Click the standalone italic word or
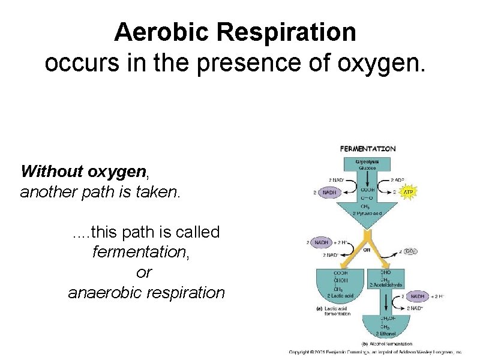(144, 272)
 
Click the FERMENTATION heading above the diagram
(368, 148)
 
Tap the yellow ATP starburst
(407, 193)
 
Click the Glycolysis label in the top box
(367, 161)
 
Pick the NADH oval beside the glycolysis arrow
(329, 193)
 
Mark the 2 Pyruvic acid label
(367, 212)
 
